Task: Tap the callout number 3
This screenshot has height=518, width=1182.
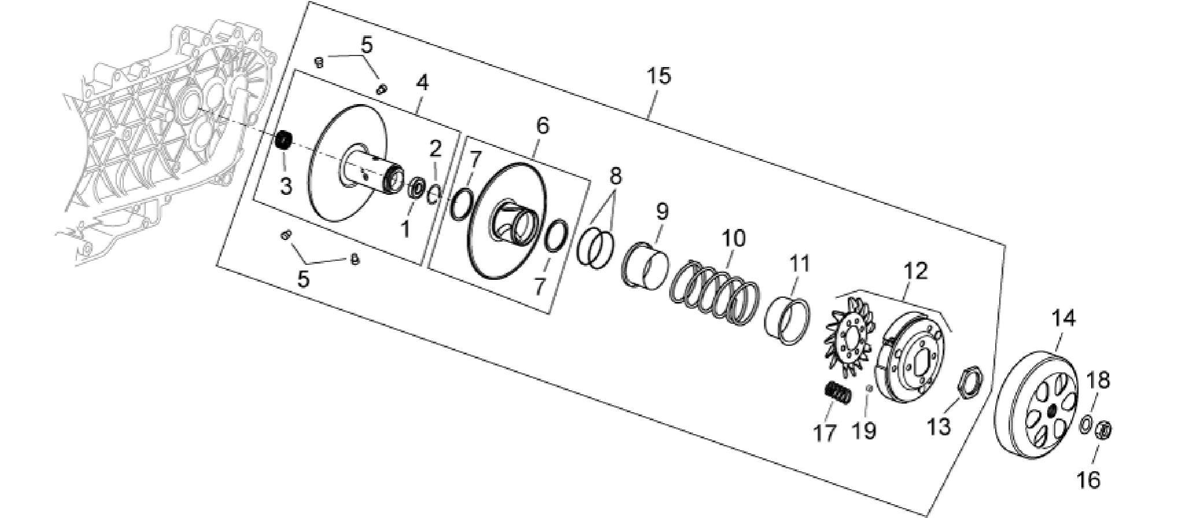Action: tap(286, 187)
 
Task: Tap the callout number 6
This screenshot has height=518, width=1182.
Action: tap(542, 126)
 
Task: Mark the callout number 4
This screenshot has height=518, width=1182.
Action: tap(423, 83)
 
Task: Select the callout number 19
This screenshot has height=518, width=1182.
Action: tap(865, 431)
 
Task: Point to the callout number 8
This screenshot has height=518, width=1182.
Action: tap(615, 175)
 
